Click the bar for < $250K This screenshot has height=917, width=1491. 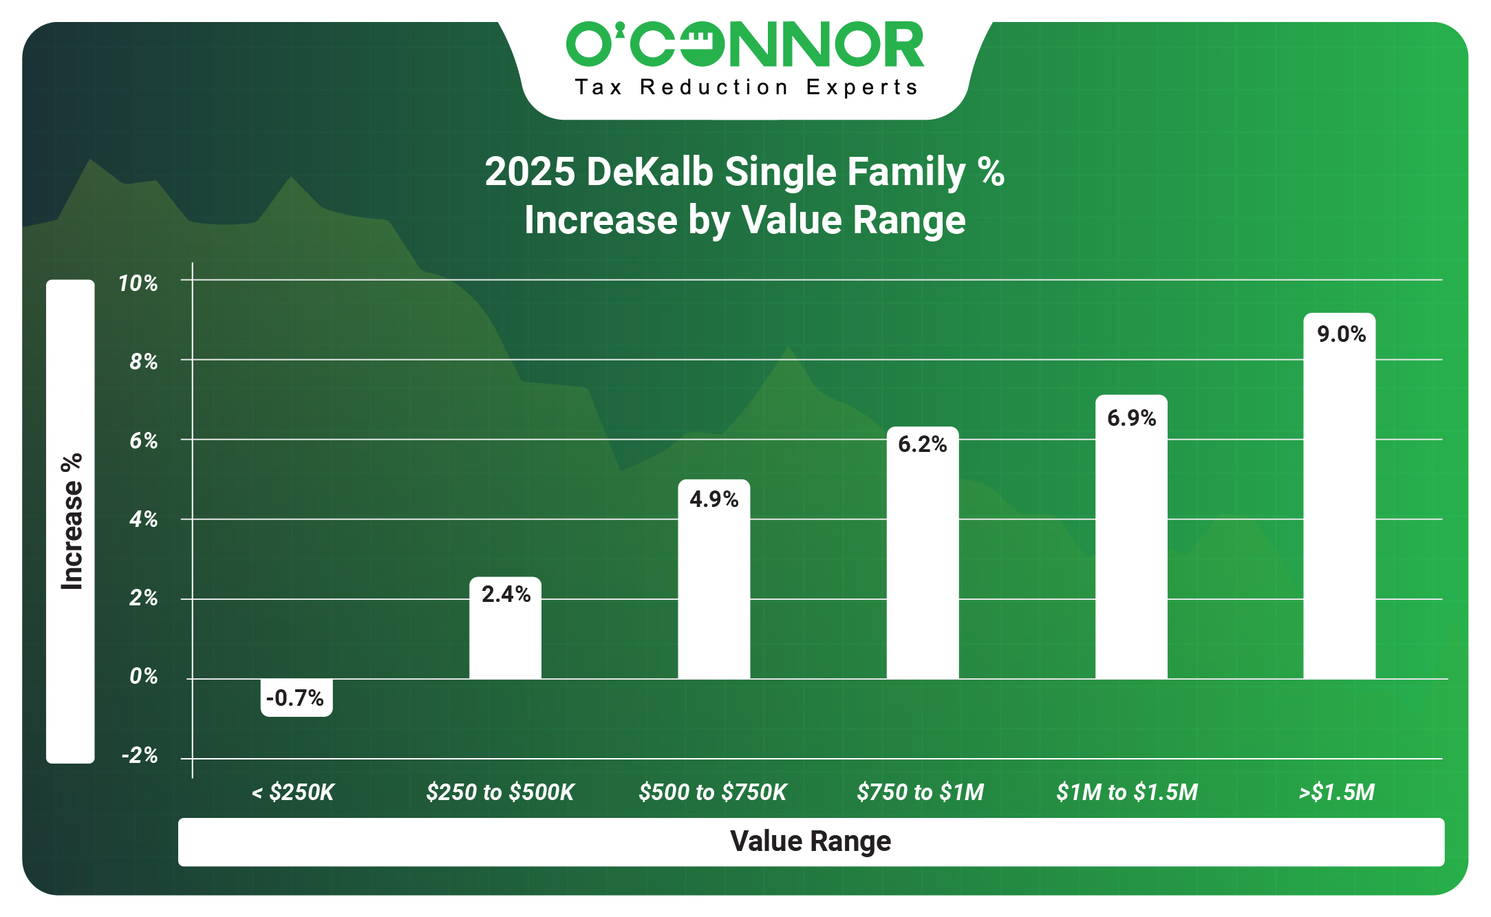(297, 697)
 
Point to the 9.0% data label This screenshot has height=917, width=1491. (1341, 334)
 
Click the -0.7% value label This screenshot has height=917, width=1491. (295, 698)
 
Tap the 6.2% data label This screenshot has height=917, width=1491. (922, 444)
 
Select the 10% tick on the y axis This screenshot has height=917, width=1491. (138, 283)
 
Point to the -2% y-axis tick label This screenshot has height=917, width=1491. (140, 756)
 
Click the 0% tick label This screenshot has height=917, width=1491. (144, 677)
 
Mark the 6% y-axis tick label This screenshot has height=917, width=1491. (144, 441)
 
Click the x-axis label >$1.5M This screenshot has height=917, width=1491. (1336, 792)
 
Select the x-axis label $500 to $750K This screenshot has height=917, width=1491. (712, 792)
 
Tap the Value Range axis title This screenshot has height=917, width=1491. (811, 841)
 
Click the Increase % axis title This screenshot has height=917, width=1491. (72, 521)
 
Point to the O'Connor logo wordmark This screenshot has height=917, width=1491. (745, 45)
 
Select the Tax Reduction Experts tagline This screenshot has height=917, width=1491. (747, 87)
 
